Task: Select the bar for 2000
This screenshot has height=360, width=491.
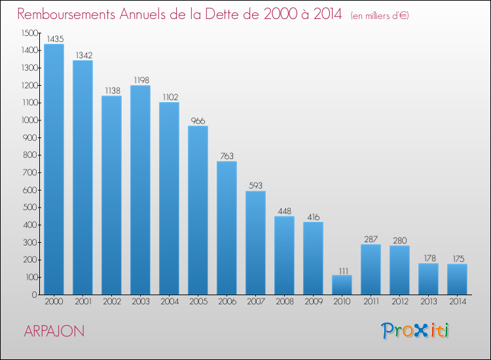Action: (54, 169)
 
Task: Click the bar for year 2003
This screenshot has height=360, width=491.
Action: (140, 190)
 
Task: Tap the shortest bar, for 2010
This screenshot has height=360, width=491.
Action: (342, 285)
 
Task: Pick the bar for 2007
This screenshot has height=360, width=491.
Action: (255, 243)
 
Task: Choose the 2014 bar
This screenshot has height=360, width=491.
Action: (457, 279)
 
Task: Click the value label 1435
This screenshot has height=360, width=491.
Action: (55, 39)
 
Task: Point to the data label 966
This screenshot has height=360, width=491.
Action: (198, 121)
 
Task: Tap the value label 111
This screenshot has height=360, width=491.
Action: (344, 271)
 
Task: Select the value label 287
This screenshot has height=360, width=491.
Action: (371, 240)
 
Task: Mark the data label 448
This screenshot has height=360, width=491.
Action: (284, 211)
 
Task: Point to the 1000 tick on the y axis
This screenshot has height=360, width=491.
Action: (29, 120)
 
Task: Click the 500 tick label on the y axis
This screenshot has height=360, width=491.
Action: (31, 207)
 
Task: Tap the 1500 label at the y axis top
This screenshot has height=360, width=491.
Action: (29, 33)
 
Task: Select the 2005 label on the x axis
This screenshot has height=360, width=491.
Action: (198, 302)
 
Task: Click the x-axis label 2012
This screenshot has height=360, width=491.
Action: (400, 302)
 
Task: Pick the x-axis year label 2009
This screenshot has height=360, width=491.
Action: (314, 302)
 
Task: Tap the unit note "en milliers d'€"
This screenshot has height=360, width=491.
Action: (380, 16)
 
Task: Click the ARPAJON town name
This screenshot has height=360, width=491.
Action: (54, 331)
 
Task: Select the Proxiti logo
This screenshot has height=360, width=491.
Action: (415, 331)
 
